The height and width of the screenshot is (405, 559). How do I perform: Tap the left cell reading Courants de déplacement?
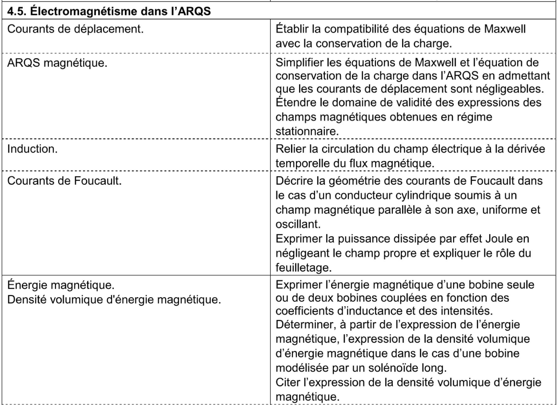point(75,29)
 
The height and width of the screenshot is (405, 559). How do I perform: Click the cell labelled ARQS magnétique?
point(57,63)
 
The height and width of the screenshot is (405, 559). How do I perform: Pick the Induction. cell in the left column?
point(32,149)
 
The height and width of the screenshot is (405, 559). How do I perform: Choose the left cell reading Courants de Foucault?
point(64,181)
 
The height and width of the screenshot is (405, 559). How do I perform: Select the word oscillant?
point(298,224)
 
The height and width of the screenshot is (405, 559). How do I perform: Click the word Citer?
point(287,383)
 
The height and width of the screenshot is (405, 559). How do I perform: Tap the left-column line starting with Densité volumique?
point(114,300)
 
